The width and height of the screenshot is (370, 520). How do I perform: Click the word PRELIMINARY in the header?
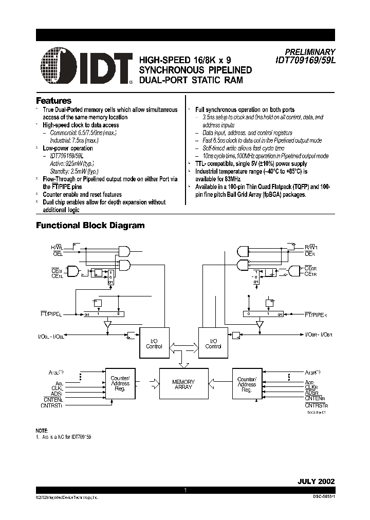pos(310,52)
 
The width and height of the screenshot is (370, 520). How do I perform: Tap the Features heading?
pos(53,101)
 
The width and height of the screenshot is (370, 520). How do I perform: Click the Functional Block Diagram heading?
pos(90,225)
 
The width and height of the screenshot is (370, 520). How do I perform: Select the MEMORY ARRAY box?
pos(183,385)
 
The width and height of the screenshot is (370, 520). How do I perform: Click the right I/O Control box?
pos(213,343)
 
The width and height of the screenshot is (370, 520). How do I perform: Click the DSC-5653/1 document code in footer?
pos(322,497)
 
